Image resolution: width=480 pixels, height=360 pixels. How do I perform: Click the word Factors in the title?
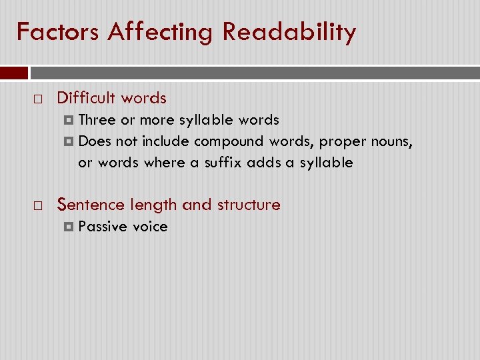pyautogui.click(x=58, y=31)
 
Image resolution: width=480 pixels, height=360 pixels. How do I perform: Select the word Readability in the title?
pyautogui.click(x=289, y=31)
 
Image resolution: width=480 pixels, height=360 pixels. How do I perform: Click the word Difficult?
pyautogui.click(x=83, y=98)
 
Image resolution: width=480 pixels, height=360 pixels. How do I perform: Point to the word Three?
pyautogui.click(x=97, y=120)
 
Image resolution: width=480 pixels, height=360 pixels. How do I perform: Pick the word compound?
pyautogui.click(x=229, y=141)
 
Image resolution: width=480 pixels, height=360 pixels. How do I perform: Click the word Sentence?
pyautogui.click(x=91, y=205)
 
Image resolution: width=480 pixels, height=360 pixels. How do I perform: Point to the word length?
pyautogui.click(x=153, y=205)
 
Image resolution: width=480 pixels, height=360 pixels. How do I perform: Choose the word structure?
pyautogui.click(x=248, y=205)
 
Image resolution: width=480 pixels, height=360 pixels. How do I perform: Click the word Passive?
pyautogui.click(x=103, y=227)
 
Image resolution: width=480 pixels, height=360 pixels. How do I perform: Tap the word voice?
pyautogui.click(x=150, y=227)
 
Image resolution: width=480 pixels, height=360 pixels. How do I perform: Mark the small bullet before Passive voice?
pyautogui.click(x=69, y=227)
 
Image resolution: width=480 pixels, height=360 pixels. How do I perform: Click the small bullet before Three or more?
pyautogui.click(x=69, y=121)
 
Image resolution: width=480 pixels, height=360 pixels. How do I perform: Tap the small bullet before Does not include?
pyautogui.click(x=69, y=142)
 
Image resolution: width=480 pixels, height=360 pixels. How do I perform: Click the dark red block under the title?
pyautogui.click(x=14, y=73)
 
